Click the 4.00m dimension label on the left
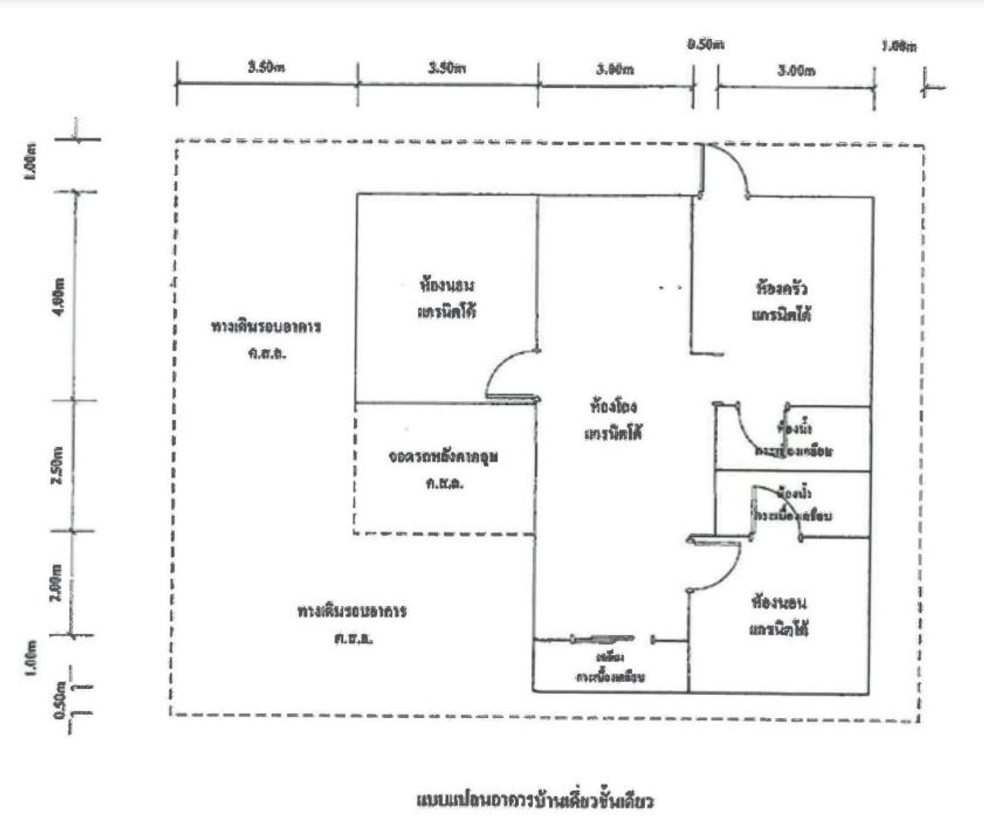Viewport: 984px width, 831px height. tap(61, 294)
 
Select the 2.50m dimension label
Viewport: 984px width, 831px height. tap(58, 465)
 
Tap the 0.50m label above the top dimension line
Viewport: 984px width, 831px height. tap(705, 44)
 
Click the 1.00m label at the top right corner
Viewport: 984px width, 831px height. tap(899, 46)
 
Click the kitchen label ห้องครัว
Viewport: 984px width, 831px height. tap(782, 289)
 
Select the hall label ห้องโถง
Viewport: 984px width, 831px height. tap(613, 406)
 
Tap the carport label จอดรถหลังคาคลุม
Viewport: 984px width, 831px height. tap(444, 457)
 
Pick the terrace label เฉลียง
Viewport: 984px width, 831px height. tap(610, 657)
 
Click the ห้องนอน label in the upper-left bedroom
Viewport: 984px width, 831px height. tap(447, 286)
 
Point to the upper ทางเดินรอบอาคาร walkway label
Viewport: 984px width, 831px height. tap(266, 327)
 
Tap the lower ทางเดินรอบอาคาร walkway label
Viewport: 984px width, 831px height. tap(352, 612)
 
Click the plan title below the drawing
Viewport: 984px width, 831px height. tap(535, 800)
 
